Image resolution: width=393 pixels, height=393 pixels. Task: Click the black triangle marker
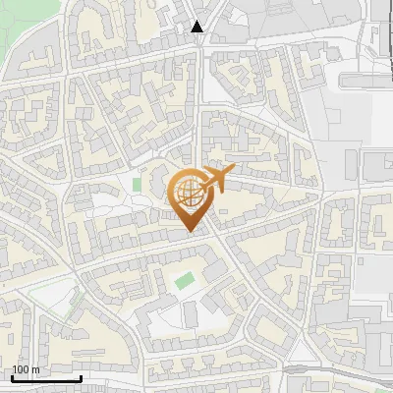(198, 27)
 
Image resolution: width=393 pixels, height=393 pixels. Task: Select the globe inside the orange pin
(189, 191)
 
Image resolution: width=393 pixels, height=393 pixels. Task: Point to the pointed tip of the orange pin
(191, 232)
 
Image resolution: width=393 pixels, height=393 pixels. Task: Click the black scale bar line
(46, 378)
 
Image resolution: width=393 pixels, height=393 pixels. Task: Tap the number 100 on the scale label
(21, 370)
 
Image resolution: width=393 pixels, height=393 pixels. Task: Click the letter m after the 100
(35, 370)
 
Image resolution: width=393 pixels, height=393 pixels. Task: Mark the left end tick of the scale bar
(12, 376)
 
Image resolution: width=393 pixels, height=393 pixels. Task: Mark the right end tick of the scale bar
(81, 376)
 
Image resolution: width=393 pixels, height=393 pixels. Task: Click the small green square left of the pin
(137, 184)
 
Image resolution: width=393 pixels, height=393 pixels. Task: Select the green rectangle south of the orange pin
(184, 281)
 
